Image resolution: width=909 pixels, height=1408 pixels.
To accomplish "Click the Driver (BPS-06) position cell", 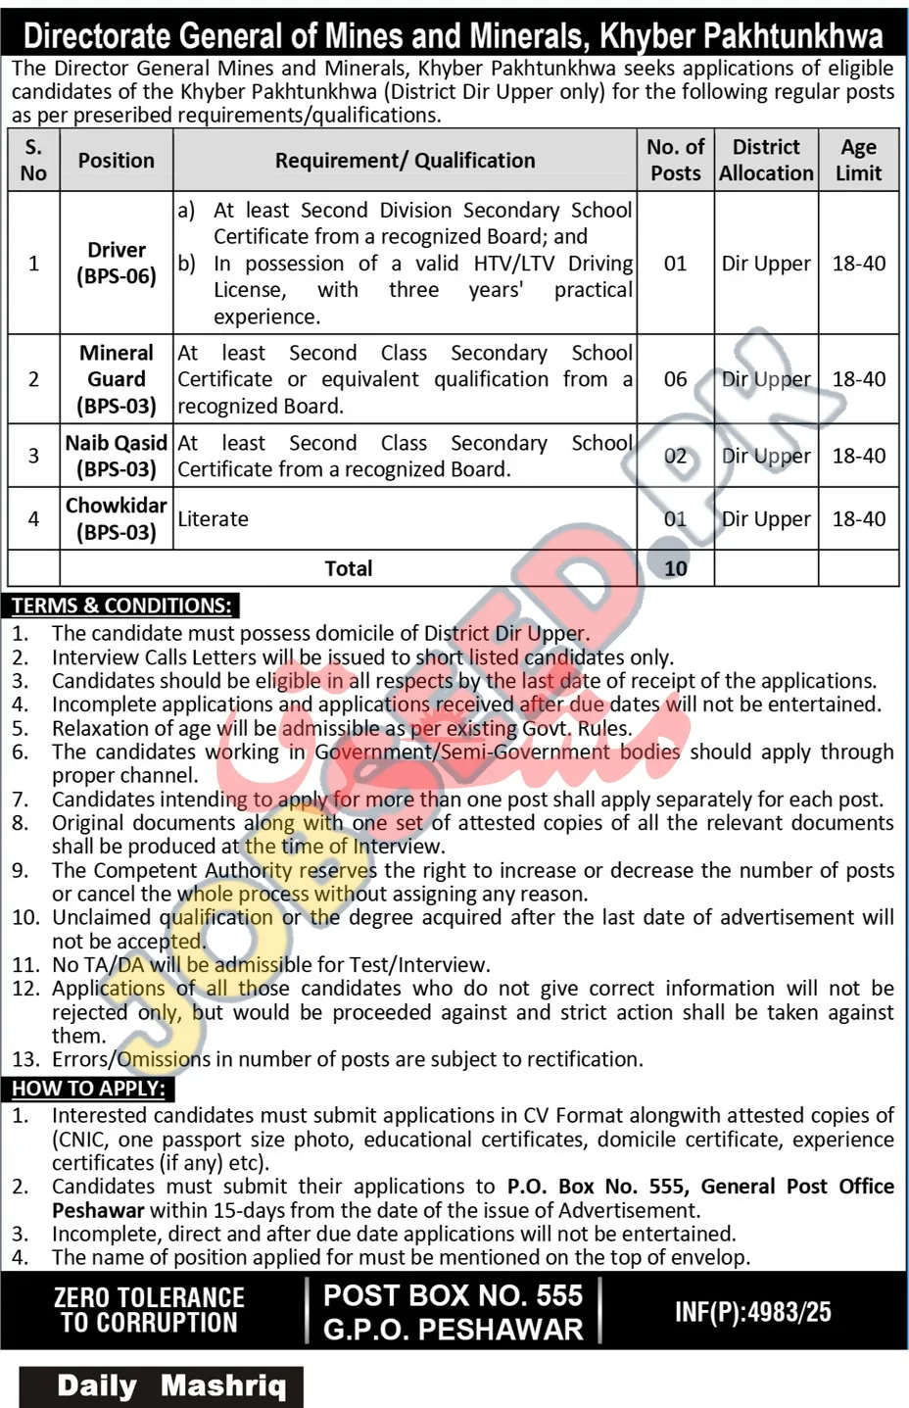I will (117, 263).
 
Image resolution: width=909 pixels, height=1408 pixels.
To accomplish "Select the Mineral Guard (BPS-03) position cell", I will (117, 379).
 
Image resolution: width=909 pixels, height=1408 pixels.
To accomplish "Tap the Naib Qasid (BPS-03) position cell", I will (117, 456).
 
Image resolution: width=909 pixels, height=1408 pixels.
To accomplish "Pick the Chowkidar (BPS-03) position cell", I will (117, 518).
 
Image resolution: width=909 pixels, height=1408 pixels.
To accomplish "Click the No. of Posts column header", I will (675, 160).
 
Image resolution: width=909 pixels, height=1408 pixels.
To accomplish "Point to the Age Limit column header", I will (858, 160).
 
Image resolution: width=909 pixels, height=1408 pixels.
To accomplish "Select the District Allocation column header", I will (766, 160).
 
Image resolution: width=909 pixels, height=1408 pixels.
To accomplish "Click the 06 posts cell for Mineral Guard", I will (675, 379).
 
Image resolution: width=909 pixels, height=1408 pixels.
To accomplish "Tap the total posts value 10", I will (675, 568).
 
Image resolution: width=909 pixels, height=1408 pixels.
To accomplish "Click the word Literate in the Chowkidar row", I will (213, 519).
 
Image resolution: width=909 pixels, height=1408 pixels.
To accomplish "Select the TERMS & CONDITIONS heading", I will (122, 606).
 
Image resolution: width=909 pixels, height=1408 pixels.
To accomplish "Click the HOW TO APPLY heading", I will (89, 1089).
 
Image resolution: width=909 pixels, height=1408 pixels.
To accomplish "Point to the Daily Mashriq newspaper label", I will (171, 1385).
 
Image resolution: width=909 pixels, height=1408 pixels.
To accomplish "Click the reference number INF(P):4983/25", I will (752, 1312).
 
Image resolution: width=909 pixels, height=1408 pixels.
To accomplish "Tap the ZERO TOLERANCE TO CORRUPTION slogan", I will (149, 1310).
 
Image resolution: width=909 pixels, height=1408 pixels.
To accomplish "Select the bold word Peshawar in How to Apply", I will (98, 1210).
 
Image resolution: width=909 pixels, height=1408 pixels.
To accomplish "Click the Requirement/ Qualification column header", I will (405, 160).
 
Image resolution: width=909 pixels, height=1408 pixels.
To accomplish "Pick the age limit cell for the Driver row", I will (858, 264).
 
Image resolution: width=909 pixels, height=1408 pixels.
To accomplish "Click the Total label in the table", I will (349, 568).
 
